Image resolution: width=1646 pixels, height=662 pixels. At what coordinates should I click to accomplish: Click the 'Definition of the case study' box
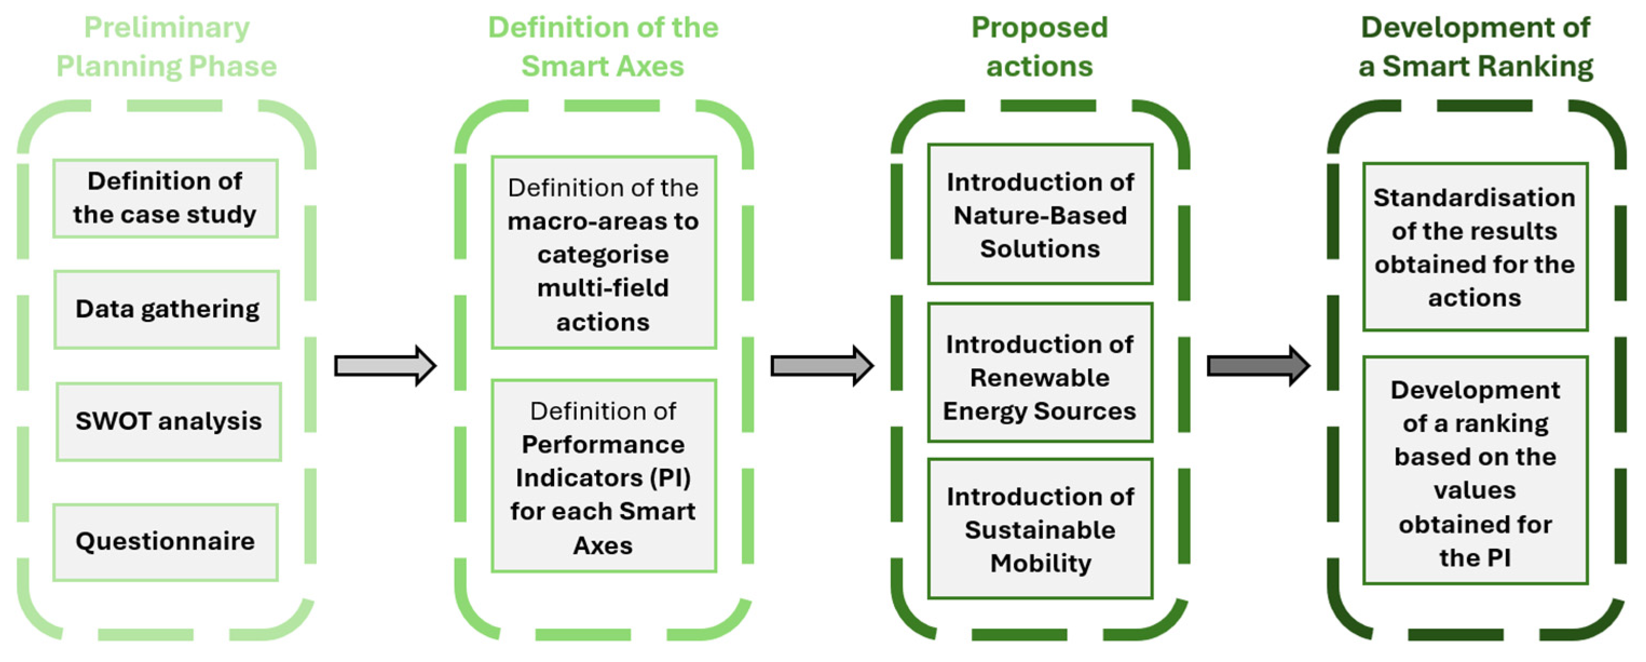coord(165,198)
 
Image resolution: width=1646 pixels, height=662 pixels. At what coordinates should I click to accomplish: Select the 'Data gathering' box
coord(167,309)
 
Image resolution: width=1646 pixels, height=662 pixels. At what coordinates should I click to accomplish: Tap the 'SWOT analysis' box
coord(169,422)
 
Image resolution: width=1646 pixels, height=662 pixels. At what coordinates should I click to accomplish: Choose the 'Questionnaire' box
coord(166,542)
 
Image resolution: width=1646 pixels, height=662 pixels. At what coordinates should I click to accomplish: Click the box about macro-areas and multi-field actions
coord(603,253)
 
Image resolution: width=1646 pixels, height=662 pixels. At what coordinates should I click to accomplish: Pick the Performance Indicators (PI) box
coord(603,476)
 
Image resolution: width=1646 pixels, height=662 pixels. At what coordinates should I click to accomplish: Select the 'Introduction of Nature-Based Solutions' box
coord(1040,215)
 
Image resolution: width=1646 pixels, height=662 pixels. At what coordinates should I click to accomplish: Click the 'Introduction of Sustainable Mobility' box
coord(1040,530)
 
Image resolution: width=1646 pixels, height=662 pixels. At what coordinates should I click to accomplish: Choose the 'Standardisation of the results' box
coord(1475,247)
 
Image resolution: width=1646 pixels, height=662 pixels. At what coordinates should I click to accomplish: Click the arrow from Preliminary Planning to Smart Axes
coord(385,366)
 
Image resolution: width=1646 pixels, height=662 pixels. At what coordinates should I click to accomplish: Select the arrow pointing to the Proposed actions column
coord(821,366)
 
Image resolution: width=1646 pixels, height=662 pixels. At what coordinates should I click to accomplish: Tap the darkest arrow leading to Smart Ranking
coord(1258,366)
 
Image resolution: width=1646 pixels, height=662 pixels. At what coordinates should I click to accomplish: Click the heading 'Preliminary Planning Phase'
coord(167,46)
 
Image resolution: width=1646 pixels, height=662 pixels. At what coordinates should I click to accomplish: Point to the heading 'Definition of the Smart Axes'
coord(603,46)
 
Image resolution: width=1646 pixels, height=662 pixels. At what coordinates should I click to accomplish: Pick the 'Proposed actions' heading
coord(1040,46)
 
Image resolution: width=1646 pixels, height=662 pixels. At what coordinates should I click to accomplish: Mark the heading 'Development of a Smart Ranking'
coord(1475,46)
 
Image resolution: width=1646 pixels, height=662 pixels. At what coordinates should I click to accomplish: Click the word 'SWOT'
coord(112,422)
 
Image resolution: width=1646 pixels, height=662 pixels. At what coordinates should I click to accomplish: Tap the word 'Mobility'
coord(1040,564)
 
